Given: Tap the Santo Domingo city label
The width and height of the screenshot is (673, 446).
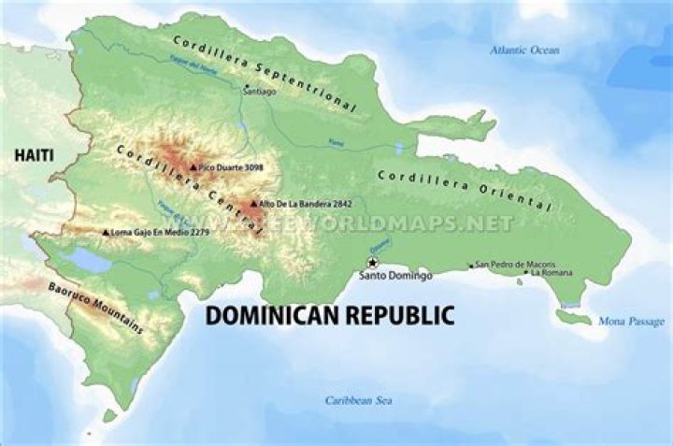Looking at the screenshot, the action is coord(395,277).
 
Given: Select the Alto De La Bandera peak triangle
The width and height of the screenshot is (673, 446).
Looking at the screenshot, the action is coord(253,203).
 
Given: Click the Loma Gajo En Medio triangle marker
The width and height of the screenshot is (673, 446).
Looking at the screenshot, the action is coord(105,232).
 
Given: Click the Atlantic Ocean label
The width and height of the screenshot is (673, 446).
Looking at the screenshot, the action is coord(524,50).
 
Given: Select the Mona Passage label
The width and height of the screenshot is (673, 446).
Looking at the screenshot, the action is coord(632,322).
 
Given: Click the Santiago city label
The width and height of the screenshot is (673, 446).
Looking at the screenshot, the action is coord(259,92).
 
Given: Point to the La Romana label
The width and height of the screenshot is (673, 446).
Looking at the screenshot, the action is coord(551,273).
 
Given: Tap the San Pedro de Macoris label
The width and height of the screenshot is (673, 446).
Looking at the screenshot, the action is coord(515,265).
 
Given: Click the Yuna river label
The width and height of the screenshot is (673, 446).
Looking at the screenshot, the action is coord(336,142).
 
